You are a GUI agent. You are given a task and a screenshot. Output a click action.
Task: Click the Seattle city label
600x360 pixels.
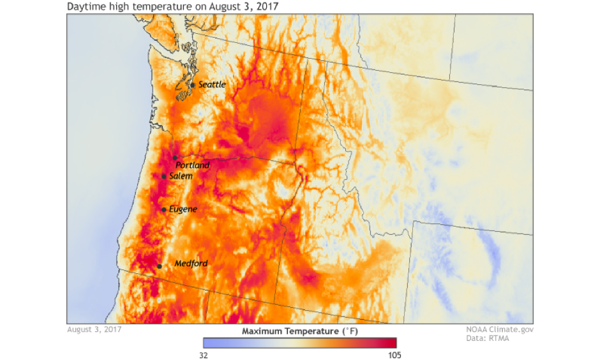pos(212,84)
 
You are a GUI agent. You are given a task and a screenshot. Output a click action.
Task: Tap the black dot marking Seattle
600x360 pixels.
pos(193,85)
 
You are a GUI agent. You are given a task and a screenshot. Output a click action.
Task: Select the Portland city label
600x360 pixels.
pos(193,165)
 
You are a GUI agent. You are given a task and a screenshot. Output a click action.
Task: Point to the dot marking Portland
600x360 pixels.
pos(175,158)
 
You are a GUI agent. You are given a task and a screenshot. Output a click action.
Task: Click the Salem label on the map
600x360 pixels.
pos(181,176)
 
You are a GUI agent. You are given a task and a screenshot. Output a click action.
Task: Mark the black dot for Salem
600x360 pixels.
pos(164,177)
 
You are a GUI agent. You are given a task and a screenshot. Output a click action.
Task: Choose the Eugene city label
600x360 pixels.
pos(183,209)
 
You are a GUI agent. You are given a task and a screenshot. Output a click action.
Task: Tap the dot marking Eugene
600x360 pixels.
pos(164,209)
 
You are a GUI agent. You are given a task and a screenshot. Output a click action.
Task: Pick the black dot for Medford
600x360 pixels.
pos(160,266)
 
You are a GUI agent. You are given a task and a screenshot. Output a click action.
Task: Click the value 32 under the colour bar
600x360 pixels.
pos(204,355)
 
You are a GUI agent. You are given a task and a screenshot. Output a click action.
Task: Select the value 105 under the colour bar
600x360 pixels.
pos(394,355)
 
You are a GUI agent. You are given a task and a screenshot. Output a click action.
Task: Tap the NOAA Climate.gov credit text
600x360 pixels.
pos(499,330)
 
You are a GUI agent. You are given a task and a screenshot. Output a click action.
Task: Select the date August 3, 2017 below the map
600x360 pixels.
pos(94,330)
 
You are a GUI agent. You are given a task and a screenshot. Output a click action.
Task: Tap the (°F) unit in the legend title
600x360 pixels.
pos(350,331)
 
